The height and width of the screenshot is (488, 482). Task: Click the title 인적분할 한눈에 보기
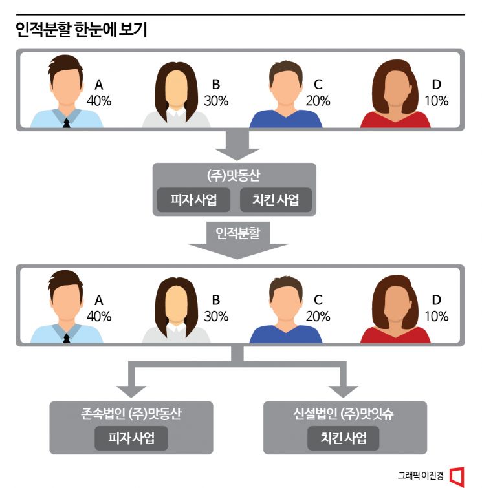coord(82,30)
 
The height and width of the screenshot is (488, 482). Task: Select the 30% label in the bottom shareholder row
coord(215,316)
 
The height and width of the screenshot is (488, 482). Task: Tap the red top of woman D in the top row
coord(395,119)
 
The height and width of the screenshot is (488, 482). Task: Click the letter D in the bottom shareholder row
coord(436,300)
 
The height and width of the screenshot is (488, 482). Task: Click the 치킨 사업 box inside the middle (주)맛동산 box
coord(275,200)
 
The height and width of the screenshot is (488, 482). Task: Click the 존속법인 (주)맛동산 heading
coord(131,415)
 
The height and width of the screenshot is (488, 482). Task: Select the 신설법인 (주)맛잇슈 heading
coord(344,415)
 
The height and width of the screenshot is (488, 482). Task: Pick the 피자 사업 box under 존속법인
coord(131,438)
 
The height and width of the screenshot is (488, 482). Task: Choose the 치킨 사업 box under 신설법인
coord(344,438)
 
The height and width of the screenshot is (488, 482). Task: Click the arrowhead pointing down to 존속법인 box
coord(131,390)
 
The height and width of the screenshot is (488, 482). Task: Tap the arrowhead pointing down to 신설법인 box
coord(344,390)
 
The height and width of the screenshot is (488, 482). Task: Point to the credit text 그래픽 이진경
coord(421,475)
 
